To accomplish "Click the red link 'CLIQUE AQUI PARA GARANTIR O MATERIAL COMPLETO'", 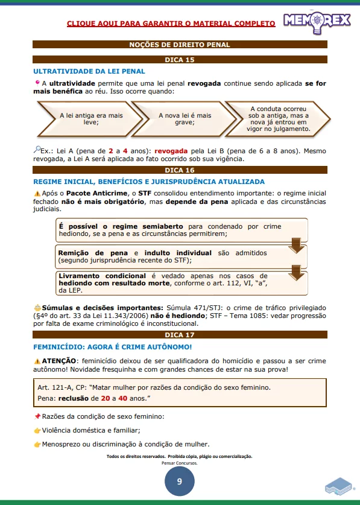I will [x=171, y=23].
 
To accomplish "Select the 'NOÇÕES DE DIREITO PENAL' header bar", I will [x=180, y=45].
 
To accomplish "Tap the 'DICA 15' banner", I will [x=180, y=60].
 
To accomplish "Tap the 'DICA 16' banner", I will [x=180, y=170].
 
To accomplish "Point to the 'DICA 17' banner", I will [x=180, y=334].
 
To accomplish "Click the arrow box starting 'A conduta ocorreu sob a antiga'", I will [x=279, y=118].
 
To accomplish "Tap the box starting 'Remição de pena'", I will [x=172, y=256].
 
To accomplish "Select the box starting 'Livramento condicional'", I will [x=172, y=282].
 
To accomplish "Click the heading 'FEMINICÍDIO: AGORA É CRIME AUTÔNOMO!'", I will [x=112, y=347].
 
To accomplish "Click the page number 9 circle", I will [x=179, y=481].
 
